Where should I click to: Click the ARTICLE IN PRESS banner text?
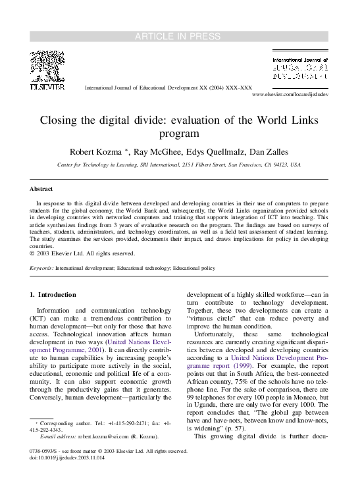coord(180,36)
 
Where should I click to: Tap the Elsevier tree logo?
coord(45,66)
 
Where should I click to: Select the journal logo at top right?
coord(300,68)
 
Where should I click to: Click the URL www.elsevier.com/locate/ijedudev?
coord(290,95)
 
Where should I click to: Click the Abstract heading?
coord(41,189)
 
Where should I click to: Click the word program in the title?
coord(180,134)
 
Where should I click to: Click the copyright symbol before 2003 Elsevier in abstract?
coord(33,253)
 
